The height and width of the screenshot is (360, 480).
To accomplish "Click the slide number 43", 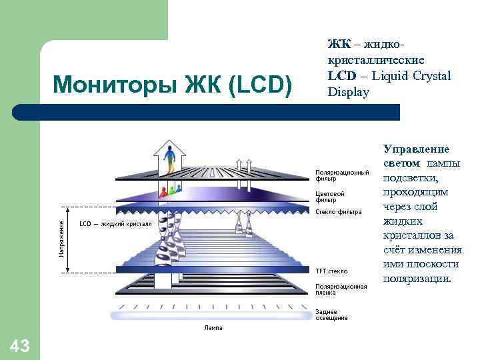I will click(20, 345).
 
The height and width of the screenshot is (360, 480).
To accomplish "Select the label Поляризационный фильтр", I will click(342, 175).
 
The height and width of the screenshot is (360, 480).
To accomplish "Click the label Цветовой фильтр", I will click(330, 197).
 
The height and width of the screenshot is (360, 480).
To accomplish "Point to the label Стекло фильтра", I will click(338, 212).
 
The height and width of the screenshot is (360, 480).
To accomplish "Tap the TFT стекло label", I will click(331, 271).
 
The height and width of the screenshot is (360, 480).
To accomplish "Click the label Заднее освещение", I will click(331, 315).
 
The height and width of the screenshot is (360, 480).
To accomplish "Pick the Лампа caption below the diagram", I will click(213, 328).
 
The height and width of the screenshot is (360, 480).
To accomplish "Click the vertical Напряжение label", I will click(61, 239).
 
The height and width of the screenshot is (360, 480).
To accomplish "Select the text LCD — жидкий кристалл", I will click(115, 224).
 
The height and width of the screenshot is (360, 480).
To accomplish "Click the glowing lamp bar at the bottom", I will click(213, 313).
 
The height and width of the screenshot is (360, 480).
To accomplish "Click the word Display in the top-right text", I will click(348, 92).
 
